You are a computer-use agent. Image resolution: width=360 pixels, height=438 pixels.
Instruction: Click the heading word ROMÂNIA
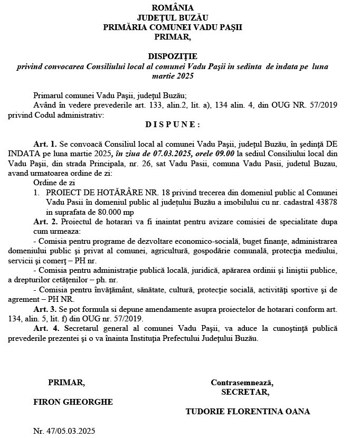click(172, 8)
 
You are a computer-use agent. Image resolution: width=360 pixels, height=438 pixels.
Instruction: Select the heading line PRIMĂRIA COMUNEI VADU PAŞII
click(172, 27)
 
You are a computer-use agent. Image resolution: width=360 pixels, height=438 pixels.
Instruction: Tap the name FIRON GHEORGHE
click(73, 402)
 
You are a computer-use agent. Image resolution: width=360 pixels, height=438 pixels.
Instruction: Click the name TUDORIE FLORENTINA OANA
click(248, 411)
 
